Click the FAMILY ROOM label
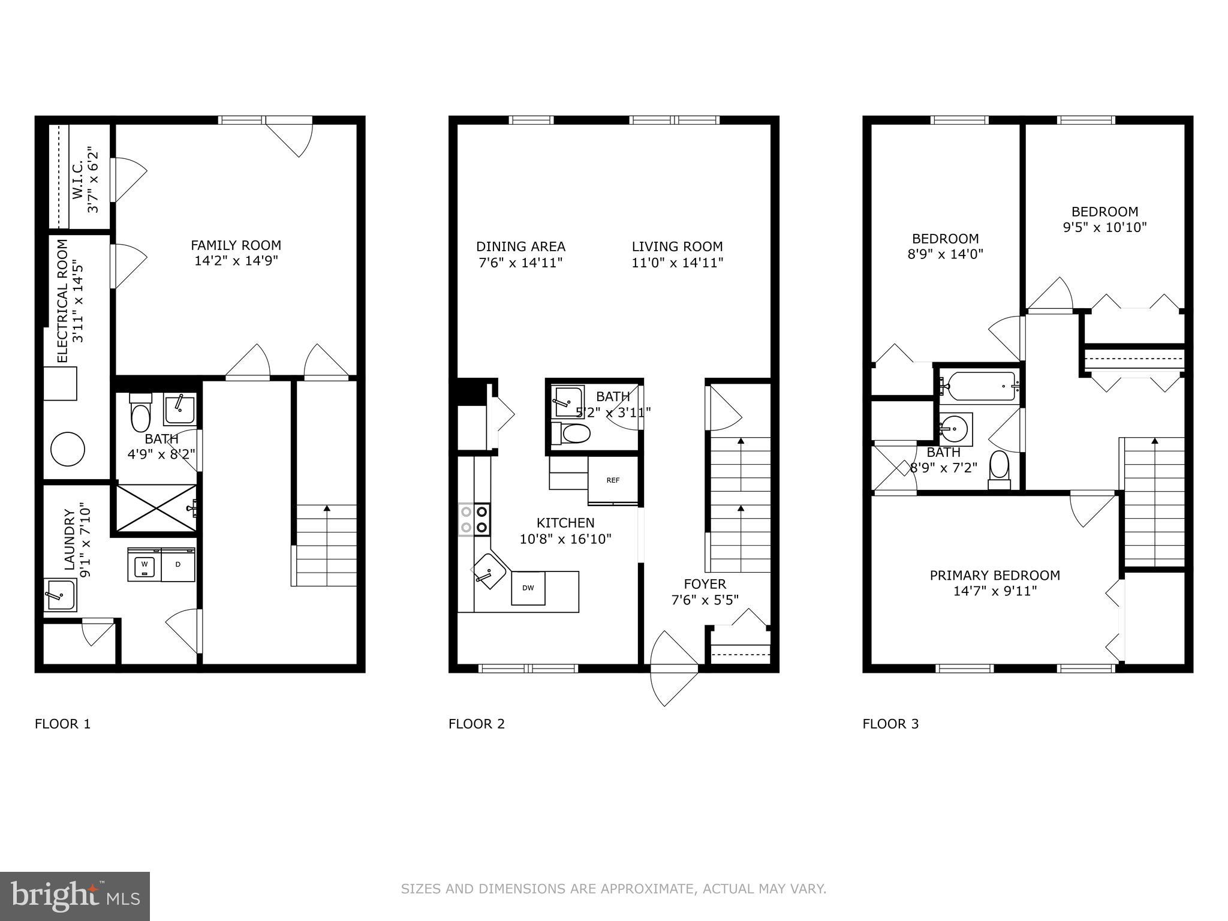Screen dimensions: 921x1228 click(x=236, y=245)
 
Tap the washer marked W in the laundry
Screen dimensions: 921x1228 click(x=144, y=564)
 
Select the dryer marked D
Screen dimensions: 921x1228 click(x=178, y=564)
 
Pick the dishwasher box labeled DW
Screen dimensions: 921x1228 click(x=528, y=588)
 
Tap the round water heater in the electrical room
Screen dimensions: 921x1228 click(x=67, y=449)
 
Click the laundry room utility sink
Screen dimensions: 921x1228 click(x=60, y=594)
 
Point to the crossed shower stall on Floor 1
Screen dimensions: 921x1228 click(x=155, y=508)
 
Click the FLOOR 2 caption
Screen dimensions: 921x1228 click(x=477, y=724)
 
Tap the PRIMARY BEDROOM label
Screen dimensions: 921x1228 click(x=995, y=576)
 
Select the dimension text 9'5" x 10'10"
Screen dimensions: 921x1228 click(x=1104, y=228)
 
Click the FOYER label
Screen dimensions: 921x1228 click(x=705, y=584)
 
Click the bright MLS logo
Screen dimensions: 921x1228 click(x=75, y=896)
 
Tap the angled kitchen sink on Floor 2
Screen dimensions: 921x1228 click(x=489, y=570)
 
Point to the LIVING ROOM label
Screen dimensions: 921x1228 click(x=677, y=246)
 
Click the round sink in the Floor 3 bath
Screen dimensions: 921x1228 click(x=952, y=428)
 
